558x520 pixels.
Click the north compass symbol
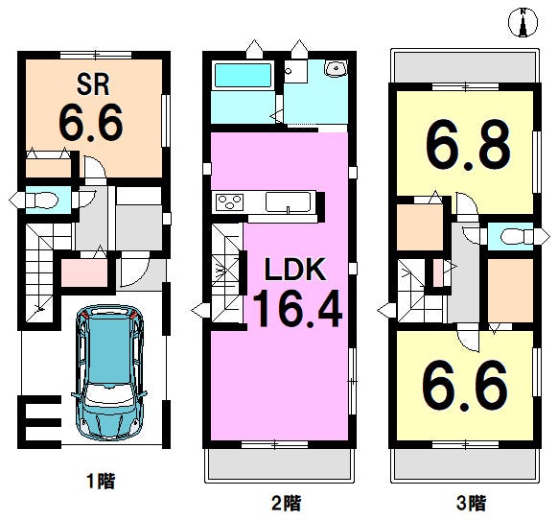[523, 22]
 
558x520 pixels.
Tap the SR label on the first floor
[93, 84]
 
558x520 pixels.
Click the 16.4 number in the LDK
[297, 308]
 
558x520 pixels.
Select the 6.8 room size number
[468, 144]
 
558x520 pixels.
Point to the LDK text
[295, 269]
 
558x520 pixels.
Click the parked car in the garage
[109, 372]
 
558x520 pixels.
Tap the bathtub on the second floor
[244, 75]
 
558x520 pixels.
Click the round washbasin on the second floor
[336, 68]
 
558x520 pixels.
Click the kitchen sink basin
[288, 201]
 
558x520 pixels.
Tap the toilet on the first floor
[45, 200]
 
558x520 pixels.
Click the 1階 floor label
[101, 481]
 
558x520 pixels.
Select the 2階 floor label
[286, 503]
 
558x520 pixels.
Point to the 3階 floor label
[472, 503]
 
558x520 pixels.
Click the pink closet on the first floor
[84, 272]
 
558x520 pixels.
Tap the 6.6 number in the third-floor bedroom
[464, 386]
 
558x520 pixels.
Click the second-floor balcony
[279, 464]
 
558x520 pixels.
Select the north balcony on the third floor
[465, 67]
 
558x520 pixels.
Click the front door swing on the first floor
[134, 270]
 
